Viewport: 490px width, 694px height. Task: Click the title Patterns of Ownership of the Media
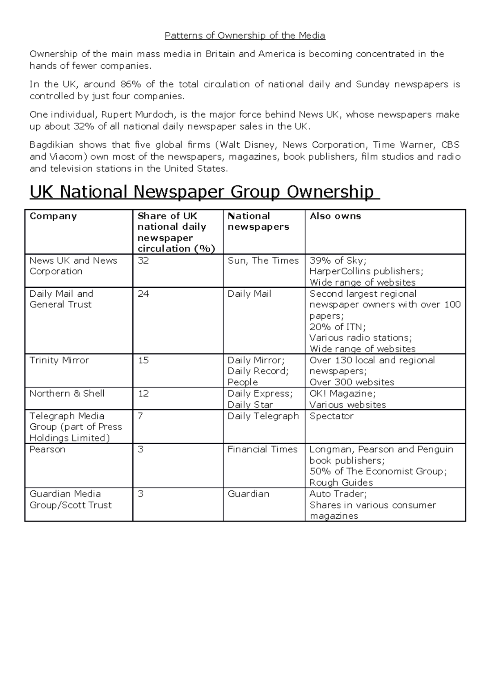coord(245,36)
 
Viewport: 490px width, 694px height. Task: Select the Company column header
coord(53,216)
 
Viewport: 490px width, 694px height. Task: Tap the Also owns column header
coord(335,216)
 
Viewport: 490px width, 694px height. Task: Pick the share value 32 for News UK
coord(143,261)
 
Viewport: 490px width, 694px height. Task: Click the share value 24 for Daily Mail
coord(143,294)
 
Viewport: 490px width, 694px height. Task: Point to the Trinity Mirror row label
coord(59,360)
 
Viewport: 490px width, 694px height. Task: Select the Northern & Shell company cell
coord(67,394)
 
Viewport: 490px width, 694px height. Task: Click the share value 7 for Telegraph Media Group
coord(140,416)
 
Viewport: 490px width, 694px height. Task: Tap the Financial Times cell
coord(263,450)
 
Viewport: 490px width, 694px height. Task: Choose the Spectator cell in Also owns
coord(331,416)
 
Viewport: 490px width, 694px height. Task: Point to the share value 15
coord(143,360)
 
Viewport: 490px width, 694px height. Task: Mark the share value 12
coord(143,394)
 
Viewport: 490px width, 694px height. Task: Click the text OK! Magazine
coord(342,394)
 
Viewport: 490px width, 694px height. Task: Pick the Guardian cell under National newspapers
coord(248,494)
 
